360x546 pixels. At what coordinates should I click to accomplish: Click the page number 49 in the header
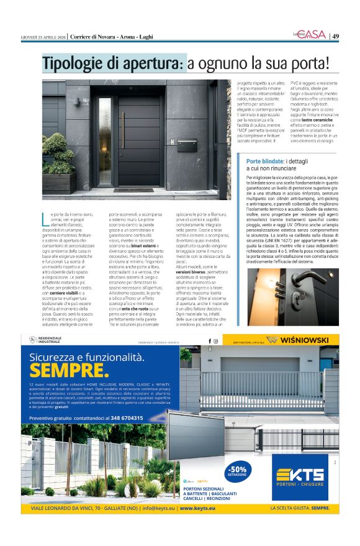pyautogui.click(x=335, y=36)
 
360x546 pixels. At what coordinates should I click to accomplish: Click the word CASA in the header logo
pyautogui.click(x=315, y=35)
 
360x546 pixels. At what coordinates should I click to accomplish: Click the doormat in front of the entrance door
pyautogui.click(x=133, y=189)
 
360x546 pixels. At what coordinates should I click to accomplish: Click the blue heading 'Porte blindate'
pyautogui.click(x=261, y=161)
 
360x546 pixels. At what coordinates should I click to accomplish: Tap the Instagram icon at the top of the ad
pyautogui.click(x=216, y=340)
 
